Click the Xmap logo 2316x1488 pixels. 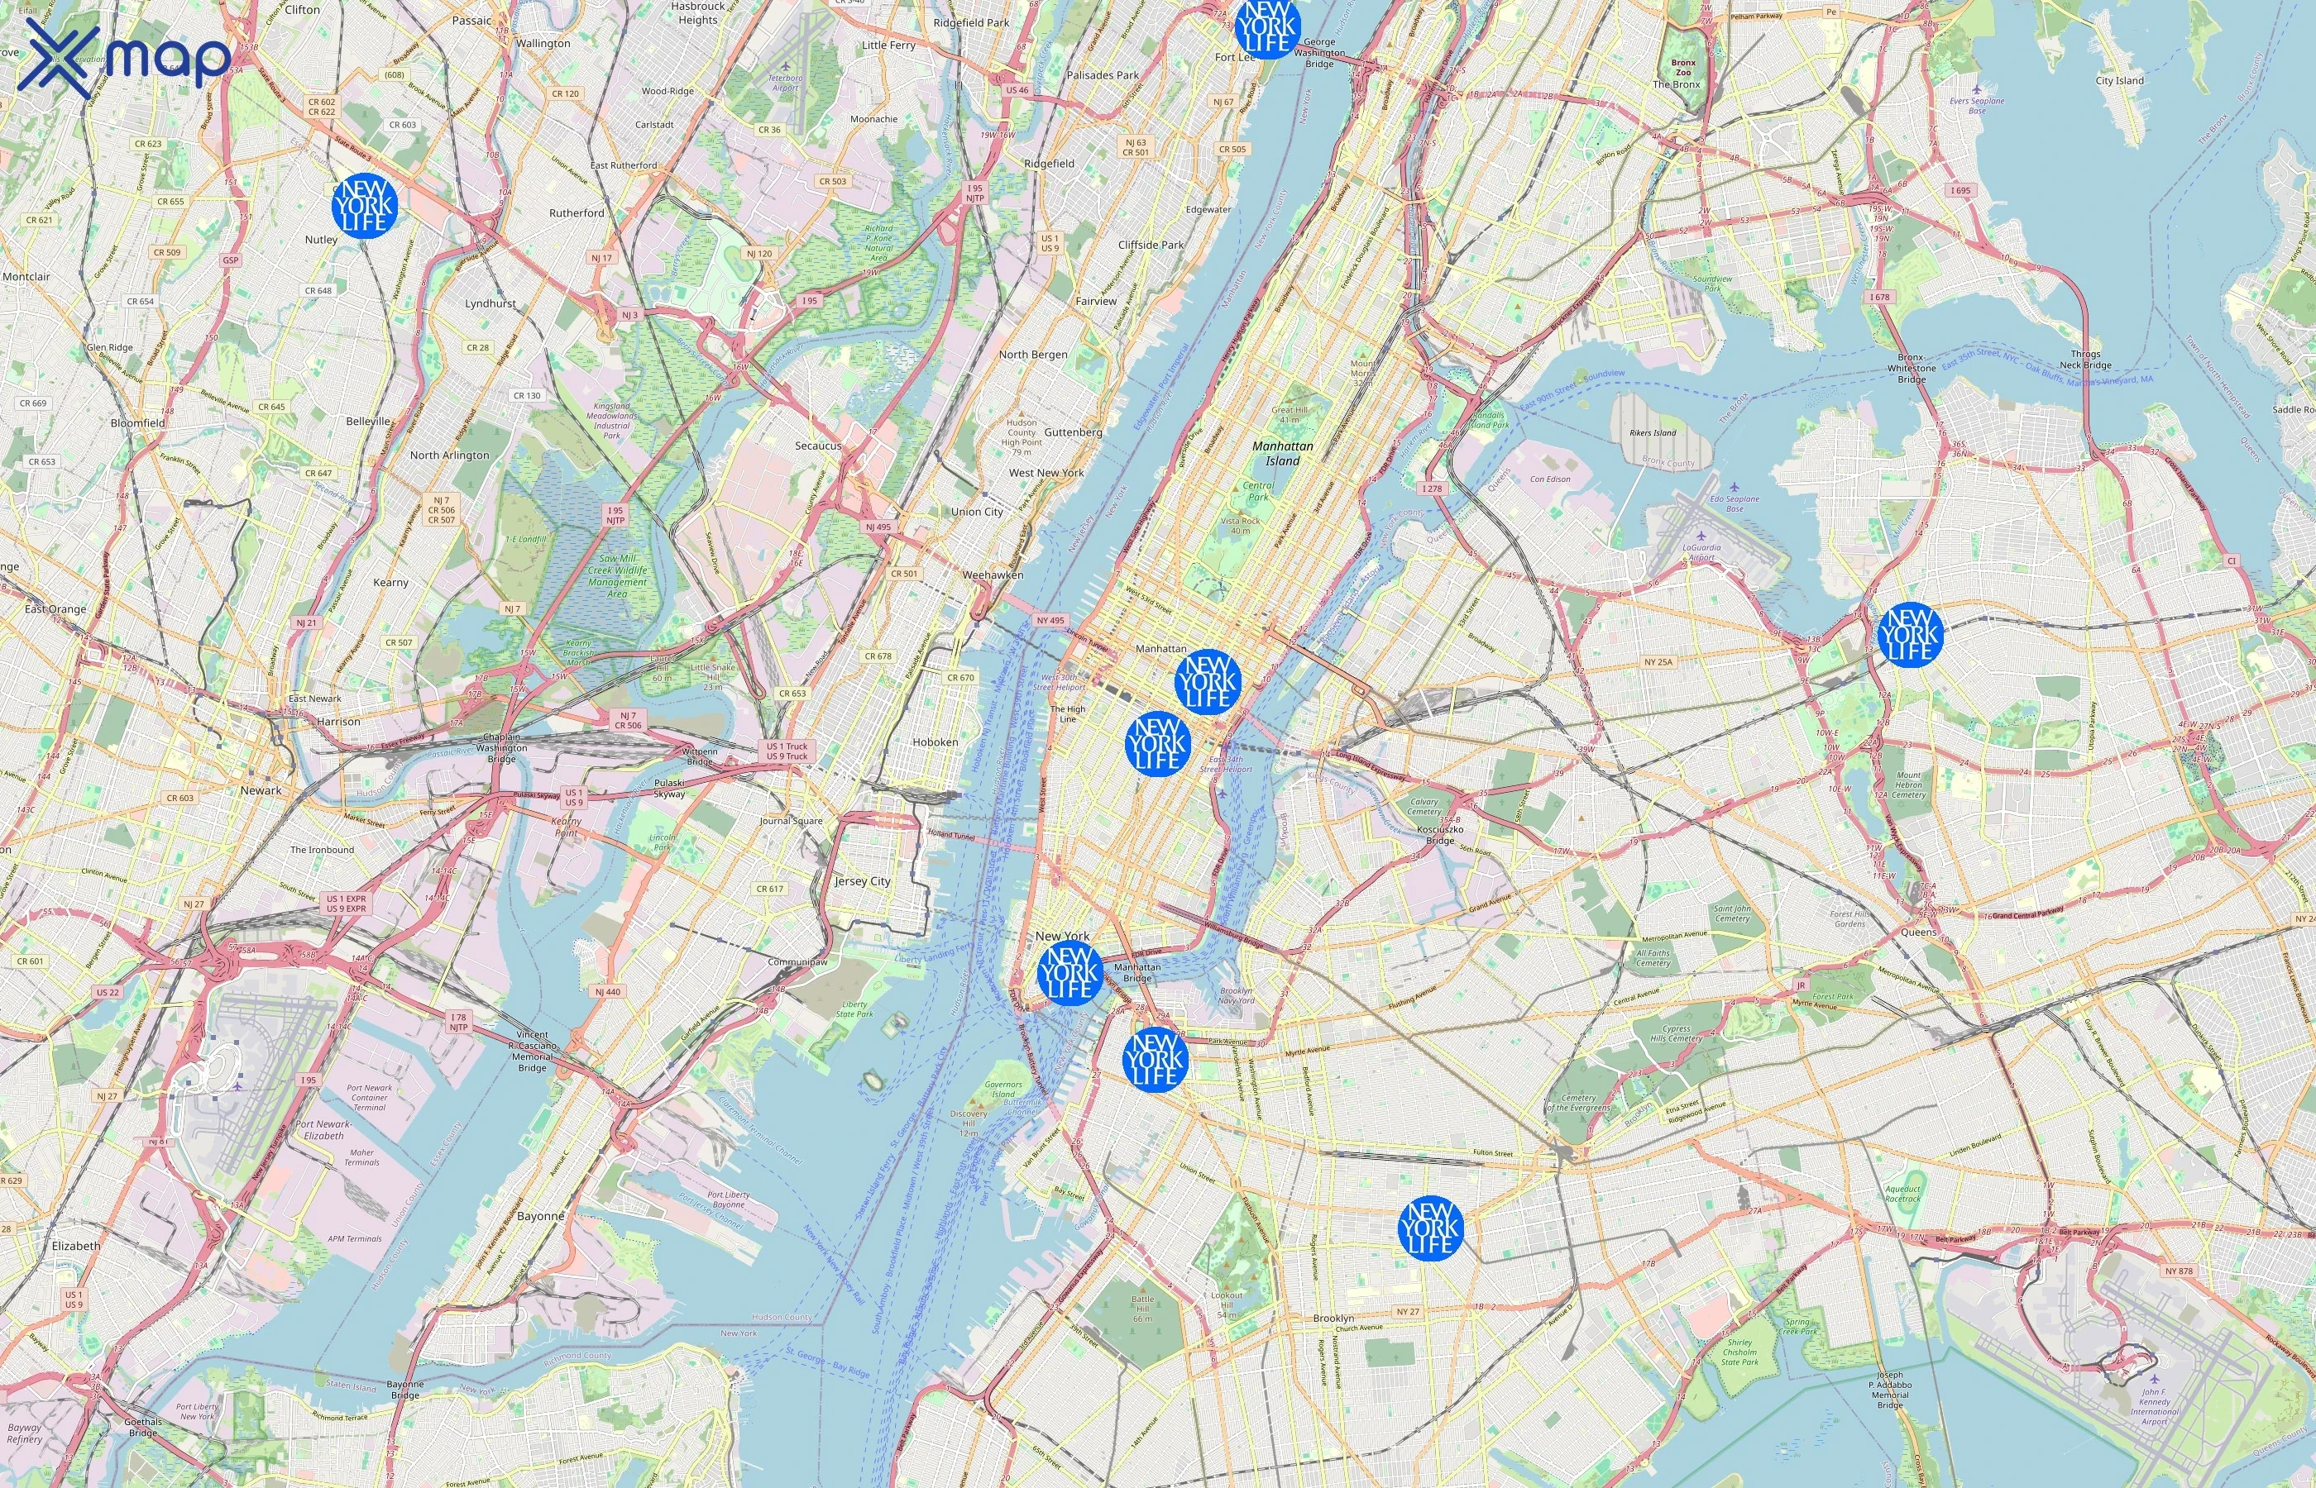point(124,58)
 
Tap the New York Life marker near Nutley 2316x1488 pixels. point(365,206)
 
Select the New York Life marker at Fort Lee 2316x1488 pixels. point(1266,26)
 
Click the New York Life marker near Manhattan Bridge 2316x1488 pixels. point(1069,973)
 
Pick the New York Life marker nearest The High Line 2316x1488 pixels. point(1157,743)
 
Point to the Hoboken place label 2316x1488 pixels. point(935,742)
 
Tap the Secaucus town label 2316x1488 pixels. point(818,446)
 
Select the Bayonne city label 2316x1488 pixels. point(540,1215)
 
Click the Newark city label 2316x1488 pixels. point(261,789)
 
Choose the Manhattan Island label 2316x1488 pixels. point(1283,453)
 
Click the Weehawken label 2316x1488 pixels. point(992,575)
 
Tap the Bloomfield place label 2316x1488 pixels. point(137,423)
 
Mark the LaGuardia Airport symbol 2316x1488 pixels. point(1701,537)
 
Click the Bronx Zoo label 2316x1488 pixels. point(1683,68)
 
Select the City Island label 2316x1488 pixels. point(2119,80)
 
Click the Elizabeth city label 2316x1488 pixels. point(75,1246)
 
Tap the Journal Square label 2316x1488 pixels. point(791,820)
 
